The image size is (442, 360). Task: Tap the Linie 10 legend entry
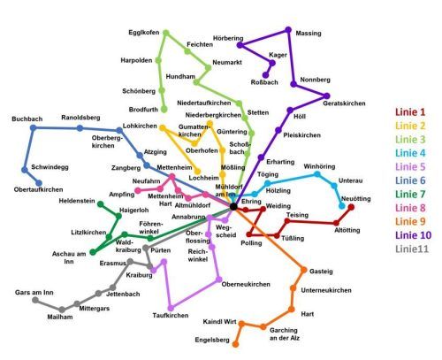(x=411, y=236)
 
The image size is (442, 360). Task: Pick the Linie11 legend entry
(x=409, y=250)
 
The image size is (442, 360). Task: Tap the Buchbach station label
(x=27, y=119)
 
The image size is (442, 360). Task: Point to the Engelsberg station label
(x=212, y=340)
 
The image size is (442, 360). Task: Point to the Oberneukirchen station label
(x=245, y=284)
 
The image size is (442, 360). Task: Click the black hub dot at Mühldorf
(x=233, y=206)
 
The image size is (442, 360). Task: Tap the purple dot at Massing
(x=288, y=32)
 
